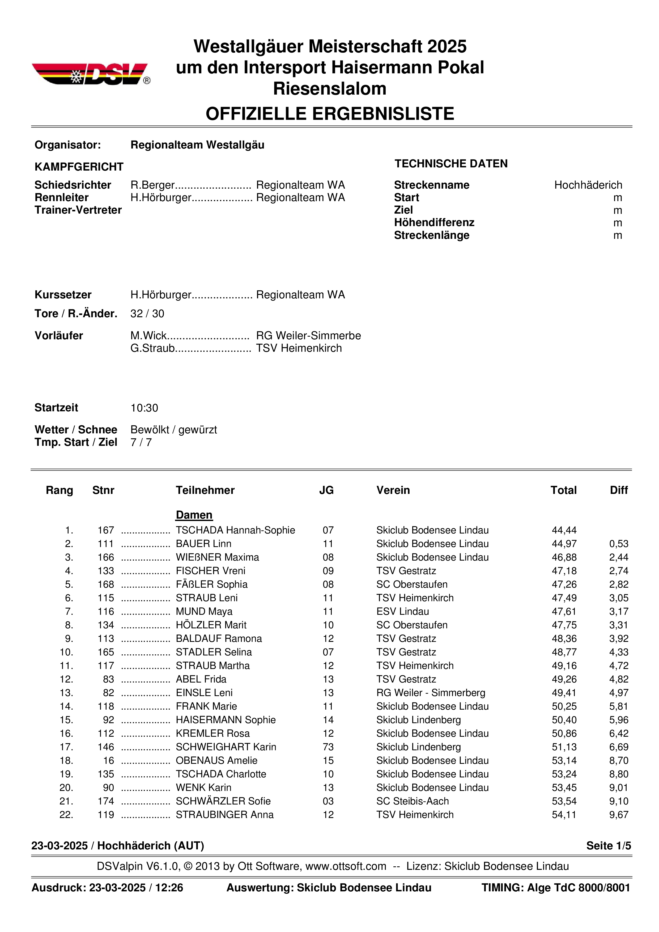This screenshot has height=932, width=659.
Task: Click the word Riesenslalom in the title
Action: click(329, 88)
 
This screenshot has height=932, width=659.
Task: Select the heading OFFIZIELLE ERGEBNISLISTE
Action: click(329, 114)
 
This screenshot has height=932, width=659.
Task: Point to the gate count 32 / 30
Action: click(147, 314)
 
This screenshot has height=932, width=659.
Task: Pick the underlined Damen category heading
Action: click(194, 515)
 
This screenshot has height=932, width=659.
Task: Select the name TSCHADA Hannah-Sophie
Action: click(235, 530)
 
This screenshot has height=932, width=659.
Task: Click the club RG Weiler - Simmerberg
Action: click(431, 693)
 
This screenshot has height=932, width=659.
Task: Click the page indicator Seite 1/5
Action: click(608, 846)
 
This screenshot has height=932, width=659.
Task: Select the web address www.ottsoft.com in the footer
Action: click(346, 866)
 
